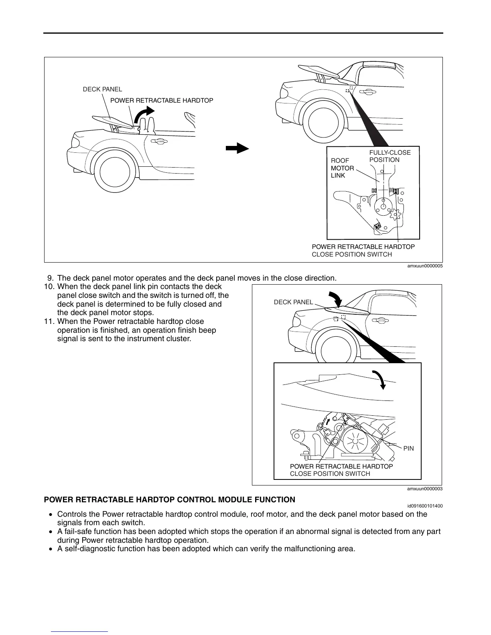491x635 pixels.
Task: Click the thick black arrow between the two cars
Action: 237,148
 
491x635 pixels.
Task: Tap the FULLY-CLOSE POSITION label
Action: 390,156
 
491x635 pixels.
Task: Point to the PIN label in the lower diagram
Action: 408,449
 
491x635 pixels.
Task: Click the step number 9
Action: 50,278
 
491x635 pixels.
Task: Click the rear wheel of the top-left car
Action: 115,170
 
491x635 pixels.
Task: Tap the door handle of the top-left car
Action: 159,141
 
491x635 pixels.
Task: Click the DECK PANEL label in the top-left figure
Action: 102,89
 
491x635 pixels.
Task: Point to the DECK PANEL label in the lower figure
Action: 293,302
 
